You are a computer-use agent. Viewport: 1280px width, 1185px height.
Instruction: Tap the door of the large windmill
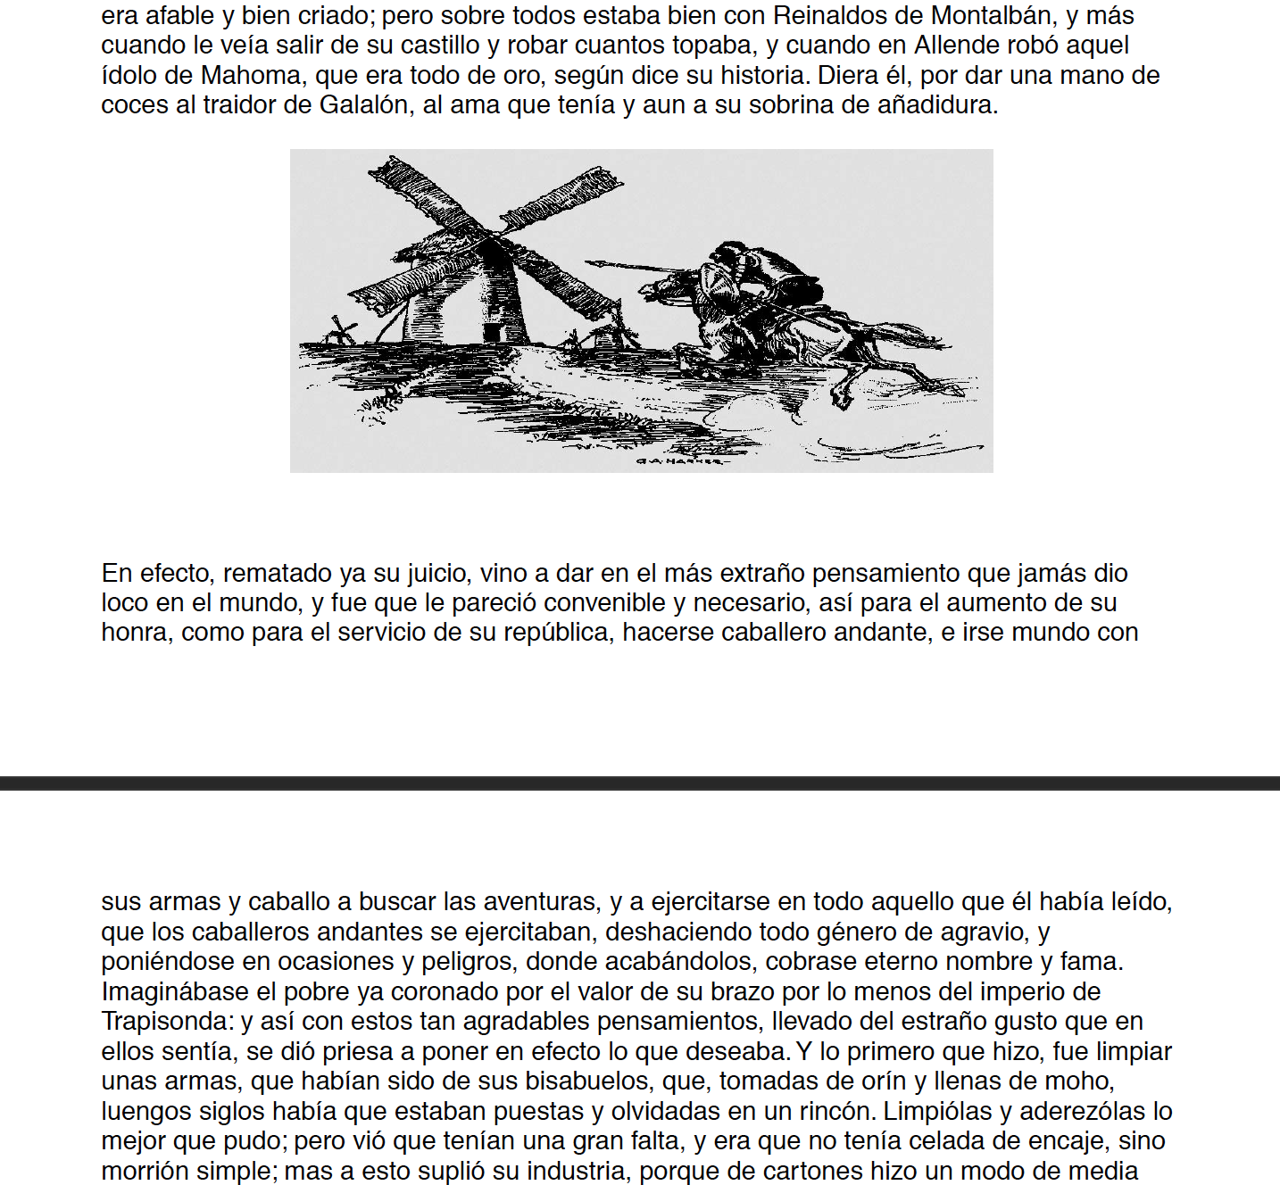pyautogui.click(x=492, y=333)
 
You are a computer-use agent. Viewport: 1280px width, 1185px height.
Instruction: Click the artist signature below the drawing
pyautogui.click(x=678, y=461)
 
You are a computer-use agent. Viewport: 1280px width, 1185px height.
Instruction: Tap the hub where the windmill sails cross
pyautogui.click(x=490, y=236)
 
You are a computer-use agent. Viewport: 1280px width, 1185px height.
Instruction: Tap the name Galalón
pyautogui.click(x=364, y=105)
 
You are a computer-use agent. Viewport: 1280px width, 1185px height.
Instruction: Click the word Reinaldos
pyautogui.click(x=837, y=16)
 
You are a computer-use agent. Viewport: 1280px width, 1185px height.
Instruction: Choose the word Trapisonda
pyautogui.click(x=167, y=1022)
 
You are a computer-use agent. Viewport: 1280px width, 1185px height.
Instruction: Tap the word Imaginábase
pyautogui.click(x=175, y=992)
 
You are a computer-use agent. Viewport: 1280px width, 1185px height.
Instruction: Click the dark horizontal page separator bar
pyautogui.click(x=640, y=783)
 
